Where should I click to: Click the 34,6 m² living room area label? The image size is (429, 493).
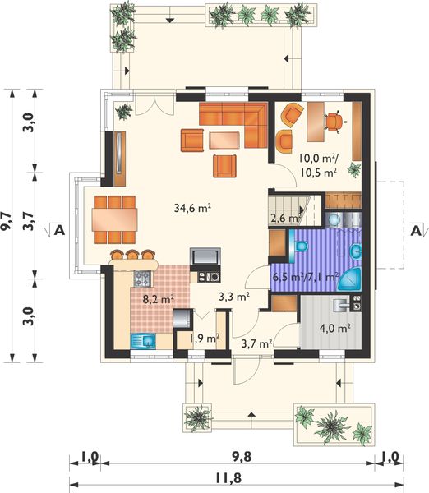tap(192, 208)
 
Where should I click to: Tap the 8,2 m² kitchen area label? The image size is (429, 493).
tap(159, 299)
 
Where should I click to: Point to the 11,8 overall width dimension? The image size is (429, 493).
tap(228, 478)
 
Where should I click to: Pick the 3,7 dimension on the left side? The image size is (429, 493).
tap(28, 221)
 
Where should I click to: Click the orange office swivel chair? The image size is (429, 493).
tap(334, 122)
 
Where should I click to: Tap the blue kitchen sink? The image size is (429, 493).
tap(143, 341)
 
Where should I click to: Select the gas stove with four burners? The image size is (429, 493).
tap(142, 279)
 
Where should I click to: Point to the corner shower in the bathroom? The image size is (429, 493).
tap(349, 280)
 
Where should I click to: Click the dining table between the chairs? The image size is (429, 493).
tap(114, 219)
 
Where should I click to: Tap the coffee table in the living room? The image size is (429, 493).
tap(224, 140)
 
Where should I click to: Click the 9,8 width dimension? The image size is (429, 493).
tap(242, 457)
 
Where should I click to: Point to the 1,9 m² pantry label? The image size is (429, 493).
tap(205, 339)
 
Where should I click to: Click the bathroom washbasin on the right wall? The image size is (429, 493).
tap(357, 251)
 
